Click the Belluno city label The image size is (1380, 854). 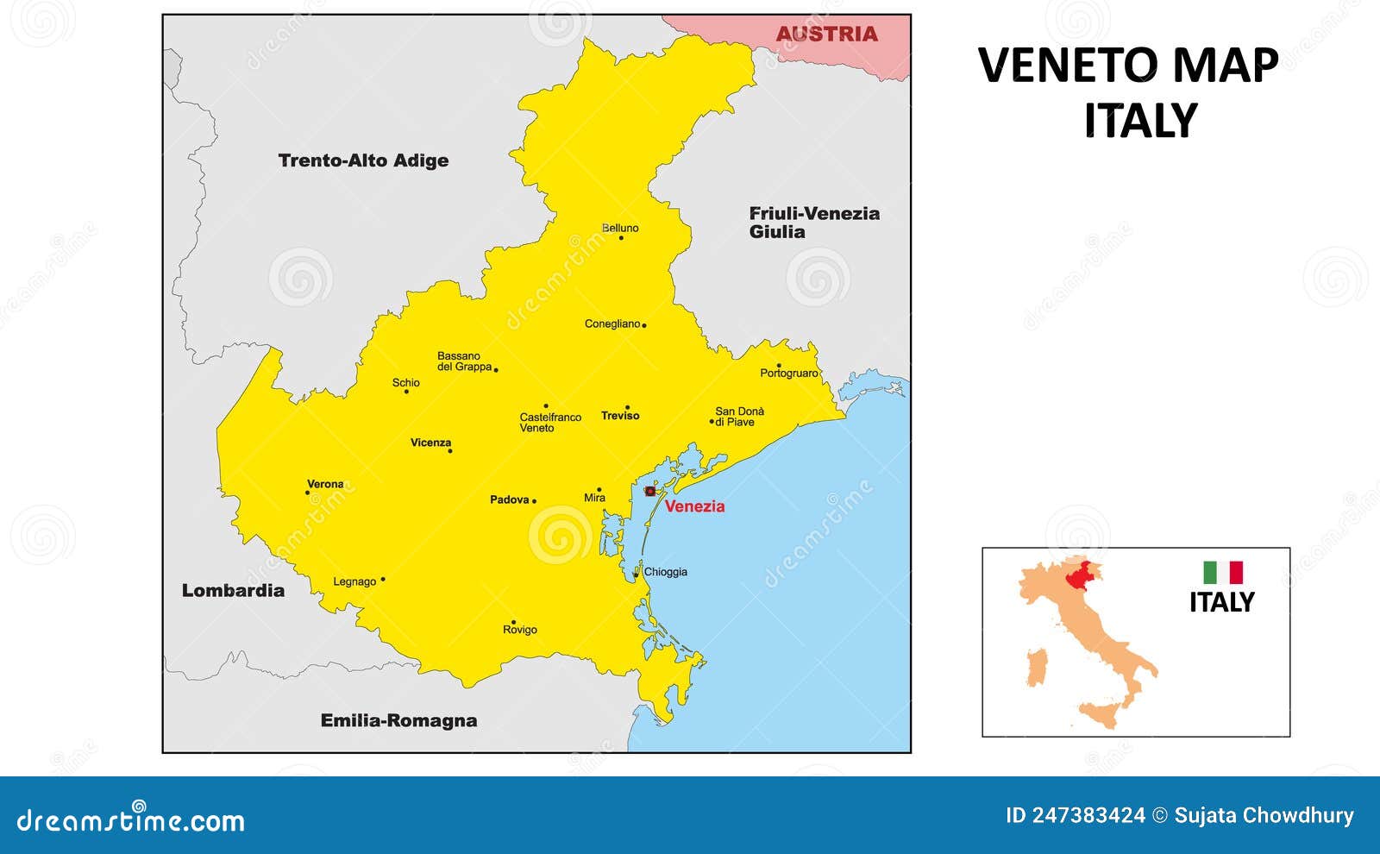(x=620, y=228)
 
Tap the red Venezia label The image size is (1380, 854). (x=694, y=506)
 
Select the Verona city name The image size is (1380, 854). (x=325, y=484)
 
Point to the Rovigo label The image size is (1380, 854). (x=520, y=630)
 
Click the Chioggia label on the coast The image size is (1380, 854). (x=666, y=572)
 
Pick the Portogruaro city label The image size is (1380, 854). (x=788, y=374)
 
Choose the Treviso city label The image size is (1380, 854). (x=620, y=416)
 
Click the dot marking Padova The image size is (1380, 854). (x=534, y=501)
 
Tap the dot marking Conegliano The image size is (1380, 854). (x=644, y=325)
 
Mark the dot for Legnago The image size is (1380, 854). (x=383, y=580)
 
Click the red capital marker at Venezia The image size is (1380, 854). (x=650, y=491)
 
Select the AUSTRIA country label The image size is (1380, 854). (x=826, y=34)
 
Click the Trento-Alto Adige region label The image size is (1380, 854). (x=363, y=160)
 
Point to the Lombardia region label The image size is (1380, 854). (x=233, y=591)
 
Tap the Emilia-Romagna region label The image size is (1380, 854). (x=398, y=720)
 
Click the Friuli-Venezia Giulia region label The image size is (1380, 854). (x=813, y=222)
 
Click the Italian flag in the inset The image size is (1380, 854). (x=1223, y=573)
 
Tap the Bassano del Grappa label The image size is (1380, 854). (x=464, y=361)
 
